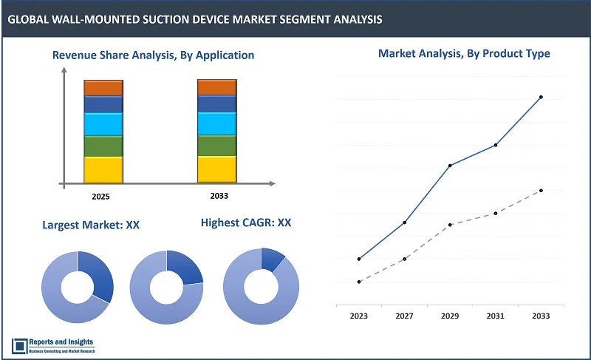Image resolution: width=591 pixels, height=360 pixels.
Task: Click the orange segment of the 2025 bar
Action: [103, 88]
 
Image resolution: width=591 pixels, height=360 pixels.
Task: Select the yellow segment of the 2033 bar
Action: [216, 169]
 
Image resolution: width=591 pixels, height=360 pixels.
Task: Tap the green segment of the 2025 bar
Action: [103, 146]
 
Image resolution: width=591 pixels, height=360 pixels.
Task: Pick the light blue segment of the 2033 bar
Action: [216, 123]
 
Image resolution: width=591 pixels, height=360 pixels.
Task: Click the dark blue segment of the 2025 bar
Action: [103, 104]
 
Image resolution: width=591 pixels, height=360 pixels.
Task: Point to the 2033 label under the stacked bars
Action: [219, 196]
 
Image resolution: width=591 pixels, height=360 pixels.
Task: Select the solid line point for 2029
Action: [450, 165]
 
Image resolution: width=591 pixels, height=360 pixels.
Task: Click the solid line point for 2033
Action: [541, 97]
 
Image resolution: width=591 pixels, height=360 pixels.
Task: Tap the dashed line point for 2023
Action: [359, 282]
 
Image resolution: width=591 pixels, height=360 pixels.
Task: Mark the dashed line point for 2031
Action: [495, 213]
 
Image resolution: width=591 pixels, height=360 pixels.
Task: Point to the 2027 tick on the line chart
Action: [404, 316]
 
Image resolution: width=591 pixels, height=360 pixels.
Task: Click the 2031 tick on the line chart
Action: [495, 316]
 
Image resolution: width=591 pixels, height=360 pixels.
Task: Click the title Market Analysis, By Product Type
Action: [464, 53]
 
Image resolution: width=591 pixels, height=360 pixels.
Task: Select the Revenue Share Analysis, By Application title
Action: [153, 55]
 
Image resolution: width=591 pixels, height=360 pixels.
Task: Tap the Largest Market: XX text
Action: [91, 225]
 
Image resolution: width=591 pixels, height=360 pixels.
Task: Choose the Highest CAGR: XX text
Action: [246, 222]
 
